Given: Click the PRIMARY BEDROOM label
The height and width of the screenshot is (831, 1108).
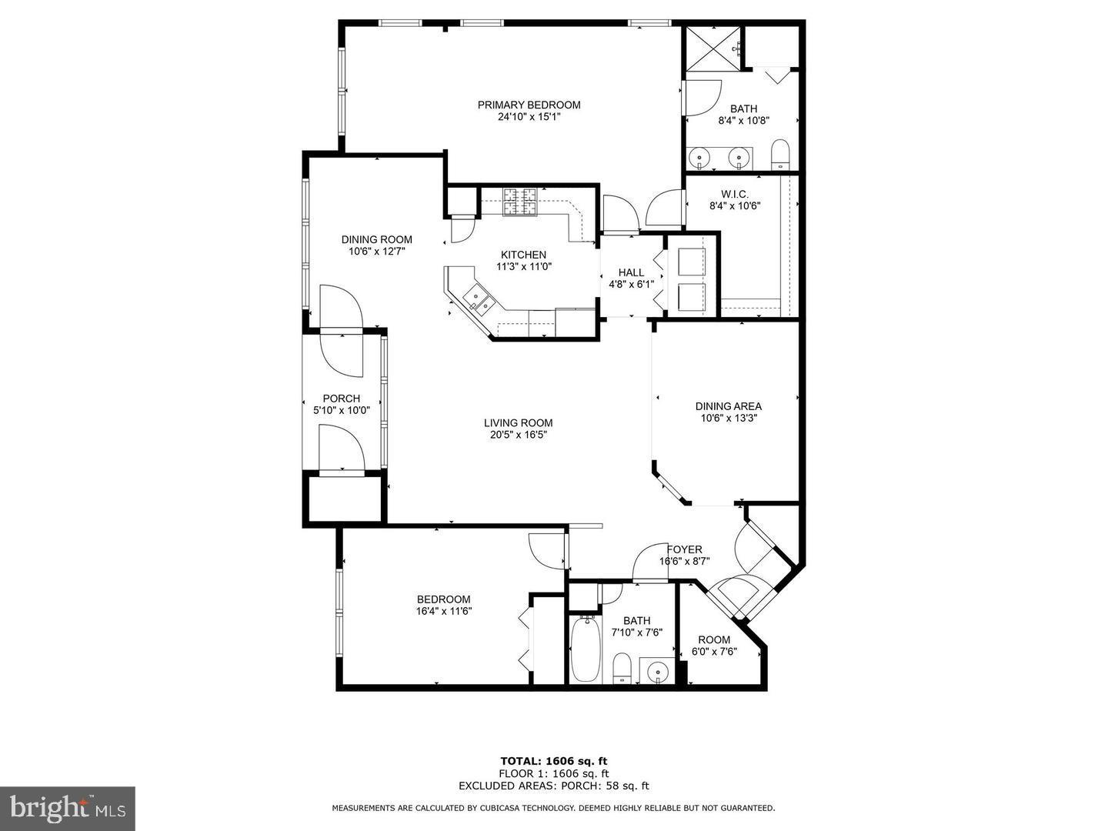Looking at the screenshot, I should coord(529,105).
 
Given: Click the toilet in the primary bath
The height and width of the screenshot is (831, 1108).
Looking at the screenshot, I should coord(780,154).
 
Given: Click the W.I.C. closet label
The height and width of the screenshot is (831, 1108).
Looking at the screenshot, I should coord(735,194).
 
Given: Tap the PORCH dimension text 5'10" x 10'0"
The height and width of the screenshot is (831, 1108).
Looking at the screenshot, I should coord(341,411).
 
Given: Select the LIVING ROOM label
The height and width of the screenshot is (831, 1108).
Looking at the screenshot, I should coord(518,422).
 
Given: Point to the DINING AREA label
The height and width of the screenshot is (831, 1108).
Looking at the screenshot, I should coord(728,406).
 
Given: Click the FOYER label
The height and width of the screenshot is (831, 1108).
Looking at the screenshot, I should coord(684,549).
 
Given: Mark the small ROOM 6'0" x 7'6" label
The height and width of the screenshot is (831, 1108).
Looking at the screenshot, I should coord(714,639).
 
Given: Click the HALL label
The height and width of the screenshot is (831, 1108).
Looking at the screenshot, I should coord(631,272).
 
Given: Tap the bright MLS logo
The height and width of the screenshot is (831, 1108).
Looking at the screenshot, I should coord(68,808).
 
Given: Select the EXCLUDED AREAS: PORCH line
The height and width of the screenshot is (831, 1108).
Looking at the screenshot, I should coord(554,786).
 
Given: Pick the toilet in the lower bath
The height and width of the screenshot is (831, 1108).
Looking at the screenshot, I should coord(622,669).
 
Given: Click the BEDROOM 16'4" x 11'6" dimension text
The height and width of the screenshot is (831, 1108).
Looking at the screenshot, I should coord(443,612).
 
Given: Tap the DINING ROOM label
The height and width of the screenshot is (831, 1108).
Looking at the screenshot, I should coord(376,239).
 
